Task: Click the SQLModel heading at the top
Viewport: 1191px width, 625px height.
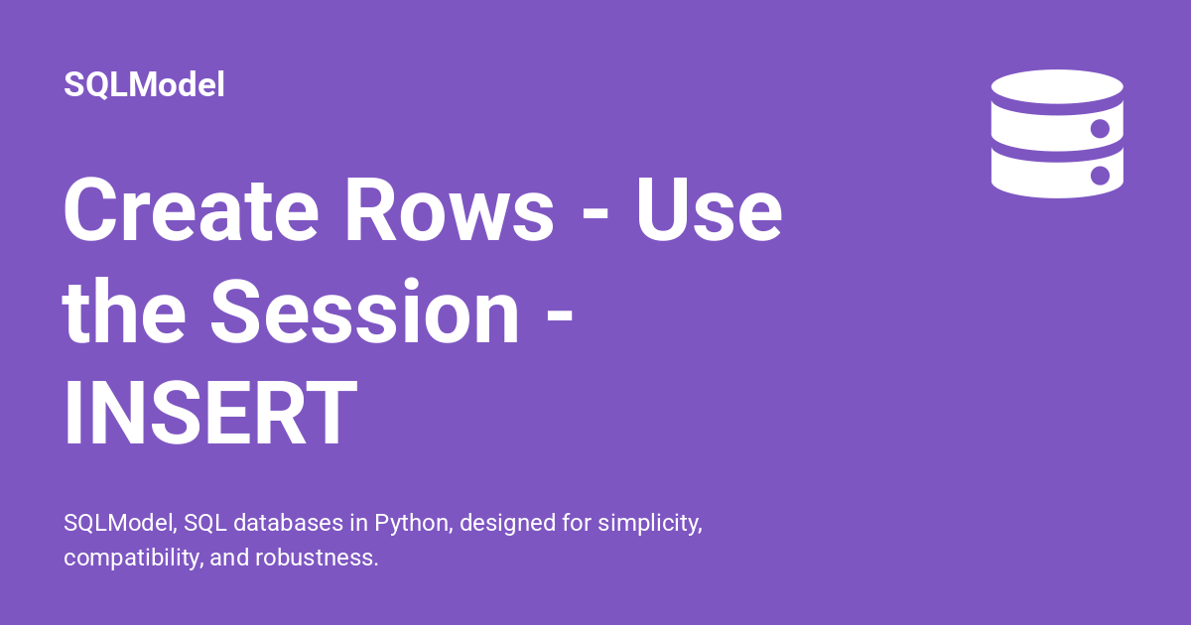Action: [x=144, y=84]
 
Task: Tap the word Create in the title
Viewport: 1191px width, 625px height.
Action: [x=192, y=210]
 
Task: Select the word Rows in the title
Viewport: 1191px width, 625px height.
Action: [x=450, y=210]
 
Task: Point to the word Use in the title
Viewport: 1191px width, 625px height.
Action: [x=710, y=210]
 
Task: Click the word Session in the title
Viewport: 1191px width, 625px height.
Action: [x=365, y=311]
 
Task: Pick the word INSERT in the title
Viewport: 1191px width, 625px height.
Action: [x=210, y=413]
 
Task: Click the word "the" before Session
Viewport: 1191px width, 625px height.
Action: [x=124, y=311]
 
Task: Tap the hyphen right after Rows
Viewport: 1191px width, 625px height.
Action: [x=595, y=213]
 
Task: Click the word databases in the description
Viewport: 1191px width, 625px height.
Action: [x=288, y=523]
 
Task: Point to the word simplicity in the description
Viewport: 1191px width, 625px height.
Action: [x=650, y=524]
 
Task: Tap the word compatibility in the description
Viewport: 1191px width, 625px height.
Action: [x=133, y=558]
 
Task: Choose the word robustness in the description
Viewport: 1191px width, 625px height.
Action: [x=317, y=558]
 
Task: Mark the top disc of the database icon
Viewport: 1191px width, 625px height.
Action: [x=1057, y=86]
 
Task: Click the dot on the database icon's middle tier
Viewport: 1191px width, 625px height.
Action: [x=1100, y=129]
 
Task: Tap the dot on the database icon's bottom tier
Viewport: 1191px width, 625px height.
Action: [x=1100, y=175]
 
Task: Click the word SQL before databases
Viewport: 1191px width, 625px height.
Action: [x=205, y=523]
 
